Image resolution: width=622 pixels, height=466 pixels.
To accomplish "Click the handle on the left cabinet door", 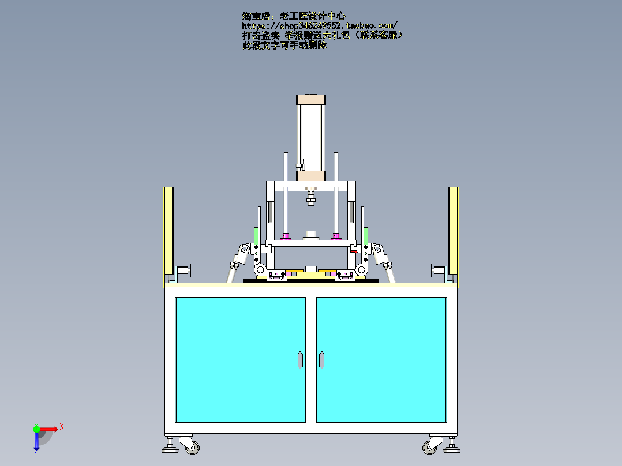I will [x=299, y=360].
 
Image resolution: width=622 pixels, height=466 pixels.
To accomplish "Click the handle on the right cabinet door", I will [x=321, y=360].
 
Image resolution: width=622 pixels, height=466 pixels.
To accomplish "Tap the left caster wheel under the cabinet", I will [x=191, y=445].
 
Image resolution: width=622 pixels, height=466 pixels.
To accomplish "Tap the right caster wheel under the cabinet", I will [x=430, y=446].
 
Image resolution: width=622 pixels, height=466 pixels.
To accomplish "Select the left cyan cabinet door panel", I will [x=239, y=359].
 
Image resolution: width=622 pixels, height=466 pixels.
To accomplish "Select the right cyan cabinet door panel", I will [x=381, y=359].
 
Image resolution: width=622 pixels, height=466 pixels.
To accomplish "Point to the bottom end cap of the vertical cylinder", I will [x=311, y=175].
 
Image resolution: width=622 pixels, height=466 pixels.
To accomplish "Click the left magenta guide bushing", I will [x=285, y=235].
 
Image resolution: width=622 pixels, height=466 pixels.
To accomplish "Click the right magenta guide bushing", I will [x=336, y=235].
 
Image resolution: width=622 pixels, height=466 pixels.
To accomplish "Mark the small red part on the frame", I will [x=353, y=251].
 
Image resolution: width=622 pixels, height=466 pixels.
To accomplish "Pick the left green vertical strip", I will [x=256, y=235].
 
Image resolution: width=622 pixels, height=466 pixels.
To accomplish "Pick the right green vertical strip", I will [x=366, y=235].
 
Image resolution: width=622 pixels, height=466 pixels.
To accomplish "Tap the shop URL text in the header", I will [x=319, y=26].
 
